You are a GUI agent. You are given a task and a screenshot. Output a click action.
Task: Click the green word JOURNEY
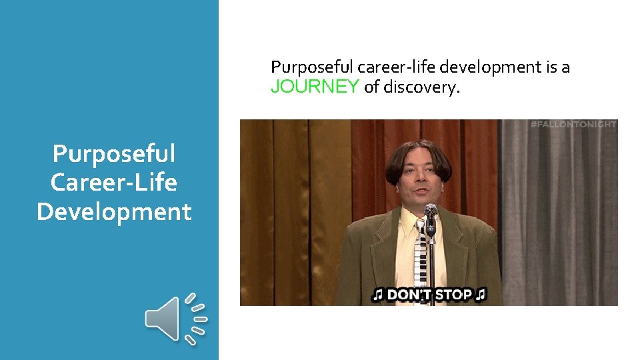[x=315, y=87]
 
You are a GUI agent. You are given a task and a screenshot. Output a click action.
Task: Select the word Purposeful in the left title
[x=114, y=153]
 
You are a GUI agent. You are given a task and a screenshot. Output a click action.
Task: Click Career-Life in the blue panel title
[x=114, y=182]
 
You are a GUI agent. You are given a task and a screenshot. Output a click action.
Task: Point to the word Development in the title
[x=114, y=211]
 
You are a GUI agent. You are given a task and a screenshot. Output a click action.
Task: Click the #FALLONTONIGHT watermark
[x=573, y=125]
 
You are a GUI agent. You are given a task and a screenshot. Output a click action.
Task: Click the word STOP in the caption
[x=454, y=295]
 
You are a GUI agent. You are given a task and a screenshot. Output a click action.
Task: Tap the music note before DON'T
[x=378, y=295]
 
